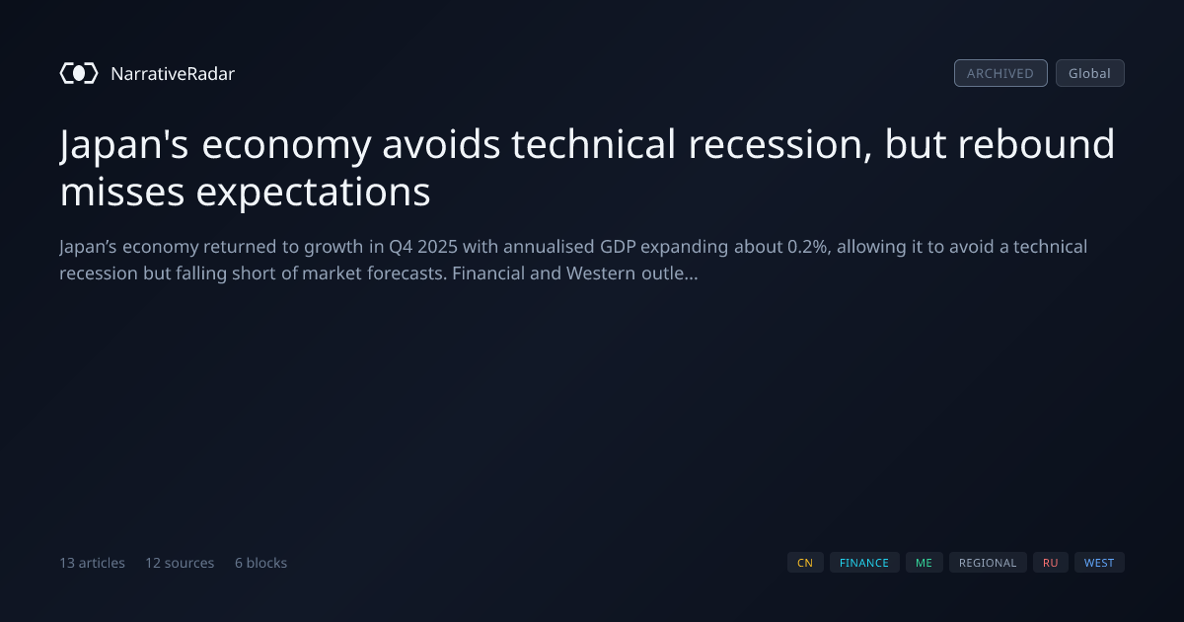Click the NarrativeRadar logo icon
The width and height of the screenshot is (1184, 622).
point(79,73)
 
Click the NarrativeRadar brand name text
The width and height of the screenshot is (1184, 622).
point(173,73)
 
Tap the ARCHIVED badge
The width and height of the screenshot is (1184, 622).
point(1000,73)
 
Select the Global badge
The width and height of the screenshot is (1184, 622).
point(1090,73)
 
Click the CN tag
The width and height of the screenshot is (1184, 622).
point(805,562)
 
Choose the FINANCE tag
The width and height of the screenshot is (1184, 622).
point(864,562)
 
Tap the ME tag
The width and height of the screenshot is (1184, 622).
point(924,562)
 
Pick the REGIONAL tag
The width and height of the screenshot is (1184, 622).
point(988,562)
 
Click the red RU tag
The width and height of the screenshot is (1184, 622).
point(1050,562)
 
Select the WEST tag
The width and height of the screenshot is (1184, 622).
point(1099,562)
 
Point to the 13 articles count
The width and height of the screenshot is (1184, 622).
point(92,562)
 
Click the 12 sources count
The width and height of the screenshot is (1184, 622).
point(180,562)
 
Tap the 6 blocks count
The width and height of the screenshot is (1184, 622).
point(260,562)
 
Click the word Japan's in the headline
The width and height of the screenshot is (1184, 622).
point(124,145)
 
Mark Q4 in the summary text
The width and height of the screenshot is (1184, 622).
point(401,247)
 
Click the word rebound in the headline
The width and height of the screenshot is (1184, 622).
point(1037,143)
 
